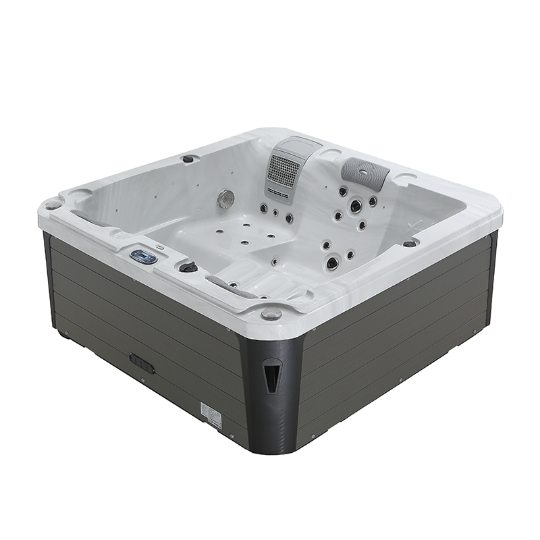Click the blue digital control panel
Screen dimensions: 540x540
[144, 256]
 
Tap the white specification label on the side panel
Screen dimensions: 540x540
[211, 415]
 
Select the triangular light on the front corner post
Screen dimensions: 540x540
[271, 375]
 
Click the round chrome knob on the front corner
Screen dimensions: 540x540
[271, 313]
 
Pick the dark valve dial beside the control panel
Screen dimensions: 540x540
[188, 267]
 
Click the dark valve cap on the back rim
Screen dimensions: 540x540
[188, 159]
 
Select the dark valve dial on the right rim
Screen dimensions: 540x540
[410, 243]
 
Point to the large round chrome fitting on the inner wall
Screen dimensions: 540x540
[226, 198]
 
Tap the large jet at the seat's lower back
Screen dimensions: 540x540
[332, 263]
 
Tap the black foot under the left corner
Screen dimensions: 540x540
[63, 333]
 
